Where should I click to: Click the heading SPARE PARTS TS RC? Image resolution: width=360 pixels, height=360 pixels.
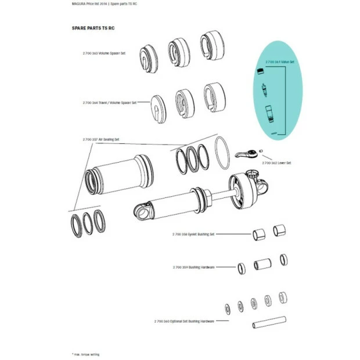(93, 28)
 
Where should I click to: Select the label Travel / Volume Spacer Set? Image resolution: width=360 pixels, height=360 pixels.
(116, 102)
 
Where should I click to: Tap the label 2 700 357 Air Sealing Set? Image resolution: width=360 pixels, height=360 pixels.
(102, 139)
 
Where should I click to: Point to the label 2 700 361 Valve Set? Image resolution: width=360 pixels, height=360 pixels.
(280, 62)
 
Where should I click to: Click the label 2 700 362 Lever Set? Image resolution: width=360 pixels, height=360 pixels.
(276, 163)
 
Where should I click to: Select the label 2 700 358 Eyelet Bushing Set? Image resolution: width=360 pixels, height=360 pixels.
(193, 234)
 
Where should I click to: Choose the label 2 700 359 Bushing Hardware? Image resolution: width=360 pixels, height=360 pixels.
(193, 267)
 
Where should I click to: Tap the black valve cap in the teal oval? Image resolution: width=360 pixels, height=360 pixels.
(261, 71)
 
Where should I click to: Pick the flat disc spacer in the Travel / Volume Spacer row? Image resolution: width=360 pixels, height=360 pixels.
(159, 107)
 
